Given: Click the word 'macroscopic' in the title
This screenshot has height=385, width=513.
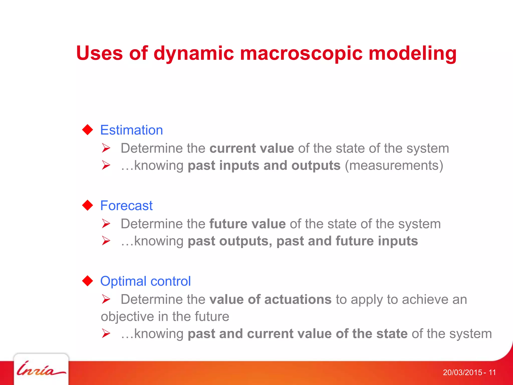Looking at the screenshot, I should click(x=301, y=53).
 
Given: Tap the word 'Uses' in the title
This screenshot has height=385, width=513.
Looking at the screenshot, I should click(x=99, y=53).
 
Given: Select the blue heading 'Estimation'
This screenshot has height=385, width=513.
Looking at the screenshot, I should click(x=132, y=130).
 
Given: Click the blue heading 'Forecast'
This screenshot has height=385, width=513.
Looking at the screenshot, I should click(x=126, y=206).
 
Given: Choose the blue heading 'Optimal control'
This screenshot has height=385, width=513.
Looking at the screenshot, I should click(x=145, y=281).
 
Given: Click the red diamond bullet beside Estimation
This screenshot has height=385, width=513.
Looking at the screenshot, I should click(x=88, y=130).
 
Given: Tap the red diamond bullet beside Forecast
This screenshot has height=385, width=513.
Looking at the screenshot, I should click(x=88, y=205).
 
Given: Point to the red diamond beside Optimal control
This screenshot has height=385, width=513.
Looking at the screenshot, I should click(x=88, y=281).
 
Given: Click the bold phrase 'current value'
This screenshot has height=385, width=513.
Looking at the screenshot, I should click(x=252, y=148).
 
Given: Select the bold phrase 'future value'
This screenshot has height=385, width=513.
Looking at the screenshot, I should click(x=247, y=224).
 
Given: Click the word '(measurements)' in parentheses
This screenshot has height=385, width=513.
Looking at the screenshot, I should click(x=394, y=166).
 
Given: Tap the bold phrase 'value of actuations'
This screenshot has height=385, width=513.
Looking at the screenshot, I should click(x=271, y=300).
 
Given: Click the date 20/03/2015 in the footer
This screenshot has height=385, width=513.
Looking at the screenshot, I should click(x=462, y=372).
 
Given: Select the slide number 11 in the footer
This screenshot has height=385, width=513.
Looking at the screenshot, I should click(x=492, y=372).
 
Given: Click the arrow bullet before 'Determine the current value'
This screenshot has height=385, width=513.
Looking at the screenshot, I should click(x=106, y=148).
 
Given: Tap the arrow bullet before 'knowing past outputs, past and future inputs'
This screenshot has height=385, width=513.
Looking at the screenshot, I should click(x=106, y=241).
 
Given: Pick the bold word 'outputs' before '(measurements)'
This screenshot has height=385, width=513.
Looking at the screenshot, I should click(x=316, y=166).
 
